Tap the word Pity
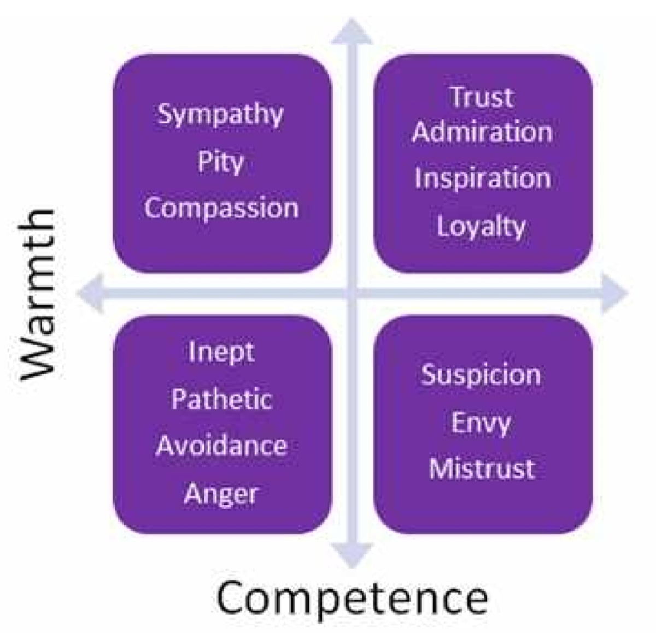pos(220,163)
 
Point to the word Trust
pos(482,97)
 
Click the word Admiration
pos(482,132)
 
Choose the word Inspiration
pos(482,179)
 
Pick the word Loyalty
pos(481,226)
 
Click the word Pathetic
pos(221,399)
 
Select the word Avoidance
pos(221,446)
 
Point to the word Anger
pos(221,494)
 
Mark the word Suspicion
pos(481,375)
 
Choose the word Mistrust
pos(482,469)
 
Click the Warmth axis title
pos(37,294)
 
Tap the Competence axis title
pos(352,598)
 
